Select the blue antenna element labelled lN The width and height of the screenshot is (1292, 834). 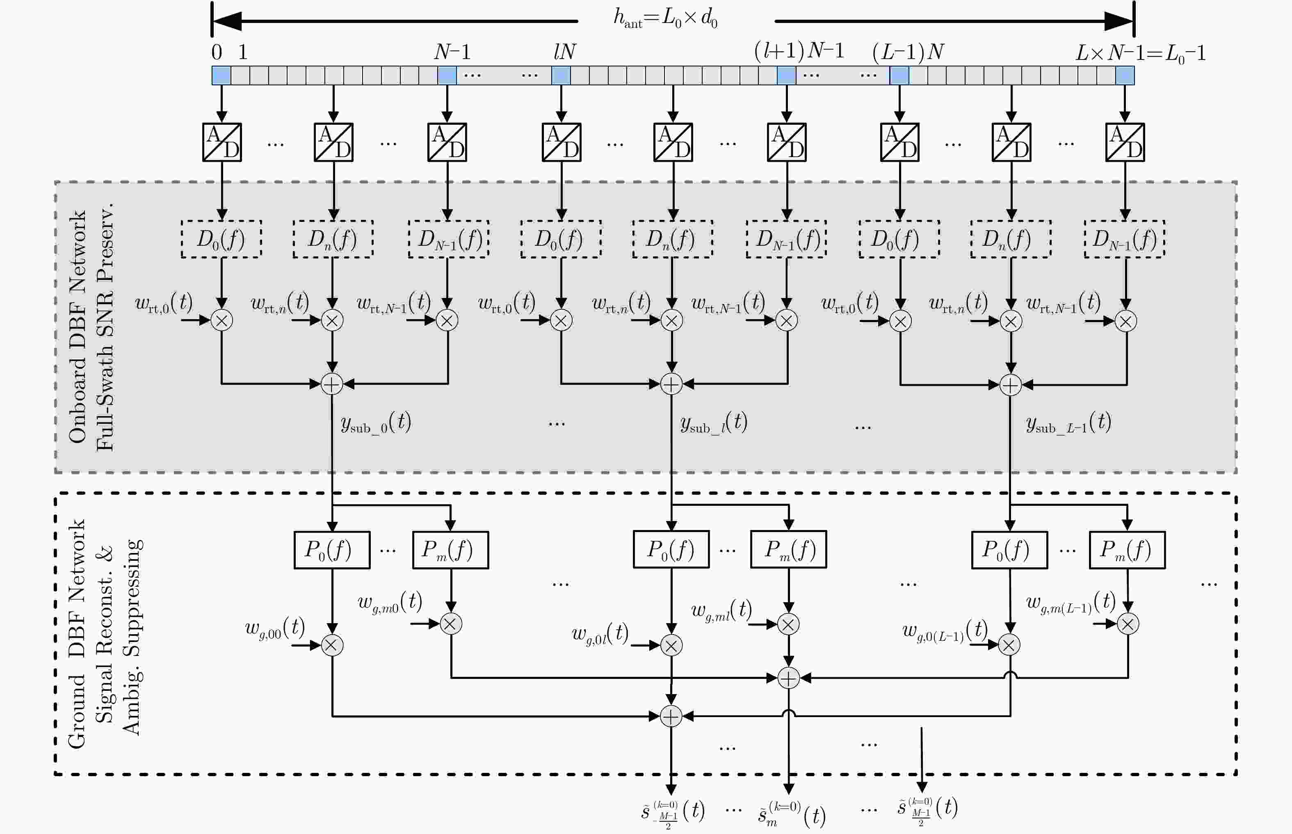(561, 75)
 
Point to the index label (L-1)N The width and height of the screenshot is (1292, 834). (908, 52)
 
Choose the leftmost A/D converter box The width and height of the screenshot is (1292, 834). (222, 142)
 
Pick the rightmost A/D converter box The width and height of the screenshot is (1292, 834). (1125, 142)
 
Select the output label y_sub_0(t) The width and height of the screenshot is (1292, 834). (376, 423)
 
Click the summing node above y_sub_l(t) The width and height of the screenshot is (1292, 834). (671, 384)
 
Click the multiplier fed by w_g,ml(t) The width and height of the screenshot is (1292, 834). (788, 624)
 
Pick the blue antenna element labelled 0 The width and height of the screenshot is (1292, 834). (221, 75)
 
